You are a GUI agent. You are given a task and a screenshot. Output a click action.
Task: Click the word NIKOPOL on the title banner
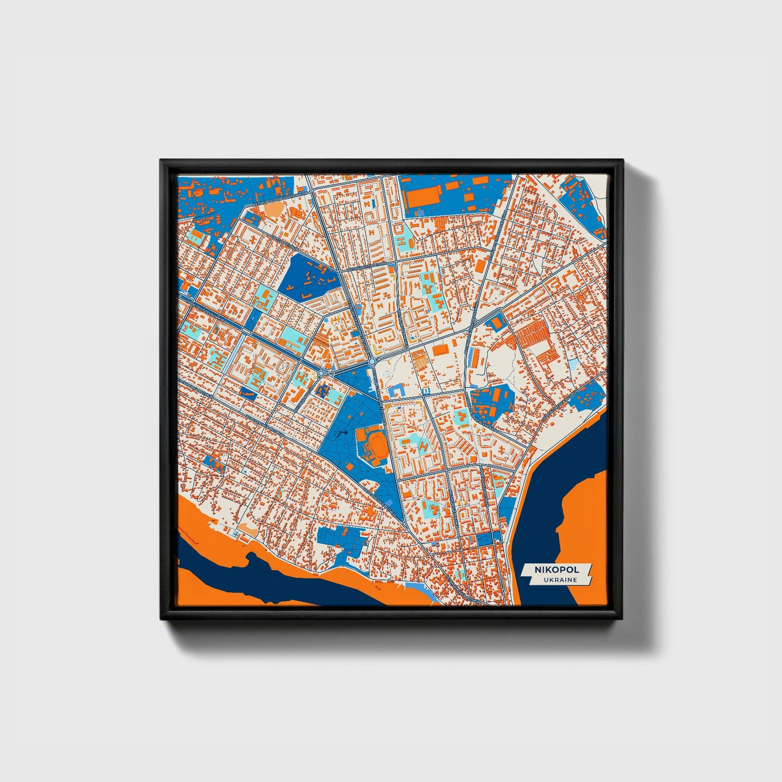556,570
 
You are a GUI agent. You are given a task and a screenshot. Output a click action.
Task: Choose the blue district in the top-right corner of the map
579,200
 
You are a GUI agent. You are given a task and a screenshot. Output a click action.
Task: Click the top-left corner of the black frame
161,161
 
